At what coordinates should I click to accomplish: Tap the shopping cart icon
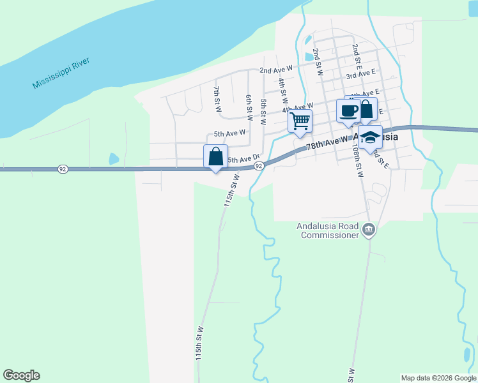click(x=300, y=120)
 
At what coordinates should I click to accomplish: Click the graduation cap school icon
click(x=370, y=138)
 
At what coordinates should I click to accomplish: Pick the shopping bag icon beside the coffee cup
click(x=366, y=109)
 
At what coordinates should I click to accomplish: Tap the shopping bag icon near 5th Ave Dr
click(x=215, y=156)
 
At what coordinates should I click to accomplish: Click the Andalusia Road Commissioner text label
click(x=328, y=230)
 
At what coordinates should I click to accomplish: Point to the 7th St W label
click(x=217, y=99)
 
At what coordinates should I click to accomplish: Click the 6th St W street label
click(x=249, y=107)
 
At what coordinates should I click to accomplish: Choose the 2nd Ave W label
click(x=275, y=68)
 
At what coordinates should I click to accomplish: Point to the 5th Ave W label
click(x=229, y=134)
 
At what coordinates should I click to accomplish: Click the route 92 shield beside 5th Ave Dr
click(x=259, y=166)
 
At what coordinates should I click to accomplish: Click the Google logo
click(x=21, y=375)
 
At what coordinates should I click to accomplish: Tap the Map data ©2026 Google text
click(x=438, y=378)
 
